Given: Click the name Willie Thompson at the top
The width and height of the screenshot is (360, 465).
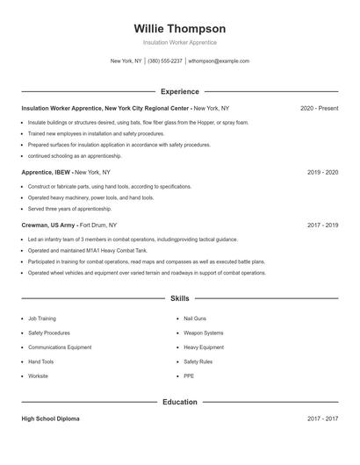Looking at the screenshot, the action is point(180,28).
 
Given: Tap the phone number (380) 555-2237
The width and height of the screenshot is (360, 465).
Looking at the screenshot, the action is point(165,61).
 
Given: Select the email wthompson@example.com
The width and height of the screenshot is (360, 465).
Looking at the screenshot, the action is point(220,61).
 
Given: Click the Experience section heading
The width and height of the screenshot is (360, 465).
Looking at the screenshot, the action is point(180,91).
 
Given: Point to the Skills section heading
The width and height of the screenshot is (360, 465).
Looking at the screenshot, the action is point(180,299).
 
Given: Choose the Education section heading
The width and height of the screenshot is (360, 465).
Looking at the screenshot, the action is point(180,402).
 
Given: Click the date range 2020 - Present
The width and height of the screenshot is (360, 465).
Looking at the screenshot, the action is point(319,108).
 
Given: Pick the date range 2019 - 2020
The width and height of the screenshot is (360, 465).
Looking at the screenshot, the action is point(322,173).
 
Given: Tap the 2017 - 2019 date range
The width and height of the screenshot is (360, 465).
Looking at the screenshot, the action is point(322,225).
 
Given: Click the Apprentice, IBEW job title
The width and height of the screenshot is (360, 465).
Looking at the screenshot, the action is point(47,173).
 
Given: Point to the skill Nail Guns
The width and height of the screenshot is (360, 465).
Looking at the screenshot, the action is point(194,318).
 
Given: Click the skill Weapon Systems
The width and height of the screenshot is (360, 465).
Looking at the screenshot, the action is point(203,333).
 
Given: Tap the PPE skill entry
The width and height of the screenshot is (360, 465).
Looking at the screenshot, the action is point(189,376).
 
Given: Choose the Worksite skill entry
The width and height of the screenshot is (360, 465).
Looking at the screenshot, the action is point(38,376).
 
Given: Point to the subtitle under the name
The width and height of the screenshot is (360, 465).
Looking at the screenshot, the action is point(180,42).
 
